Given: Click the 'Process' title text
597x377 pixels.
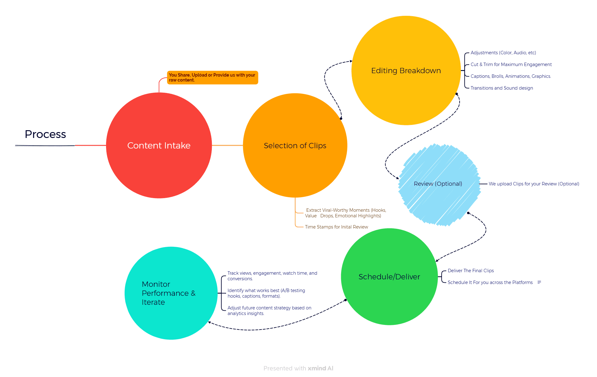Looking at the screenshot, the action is (45, 134).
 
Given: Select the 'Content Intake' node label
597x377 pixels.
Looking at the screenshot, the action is (159, 145).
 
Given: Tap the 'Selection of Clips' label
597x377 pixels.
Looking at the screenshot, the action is (295, 145).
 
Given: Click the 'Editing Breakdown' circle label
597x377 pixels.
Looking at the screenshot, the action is (406, 71).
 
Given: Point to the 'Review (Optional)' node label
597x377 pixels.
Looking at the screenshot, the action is (438, 184).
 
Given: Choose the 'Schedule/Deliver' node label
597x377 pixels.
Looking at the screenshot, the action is (389, 277).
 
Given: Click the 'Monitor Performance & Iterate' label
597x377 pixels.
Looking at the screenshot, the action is (168, 293).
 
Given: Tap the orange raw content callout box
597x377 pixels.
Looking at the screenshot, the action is (212, 78).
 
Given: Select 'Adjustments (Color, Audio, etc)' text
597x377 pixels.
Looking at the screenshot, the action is (503, 53).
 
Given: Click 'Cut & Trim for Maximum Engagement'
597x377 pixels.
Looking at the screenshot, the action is (511, 64).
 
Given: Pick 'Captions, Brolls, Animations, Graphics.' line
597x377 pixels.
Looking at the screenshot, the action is (511, 76).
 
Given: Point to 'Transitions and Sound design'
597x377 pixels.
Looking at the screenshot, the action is (502, 88).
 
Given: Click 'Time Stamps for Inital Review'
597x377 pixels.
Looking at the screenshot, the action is (336, 227).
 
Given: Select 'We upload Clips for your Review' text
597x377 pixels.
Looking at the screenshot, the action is (523, 184).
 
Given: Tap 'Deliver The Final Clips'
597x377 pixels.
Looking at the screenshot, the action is (471, 271).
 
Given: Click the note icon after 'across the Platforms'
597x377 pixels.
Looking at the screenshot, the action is (539, 282).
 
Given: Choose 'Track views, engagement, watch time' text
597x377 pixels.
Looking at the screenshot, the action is (268, 273).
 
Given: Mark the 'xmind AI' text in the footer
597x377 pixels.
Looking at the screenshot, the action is (320, 368).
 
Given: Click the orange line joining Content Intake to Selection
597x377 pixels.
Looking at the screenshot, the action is (227, 145).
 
